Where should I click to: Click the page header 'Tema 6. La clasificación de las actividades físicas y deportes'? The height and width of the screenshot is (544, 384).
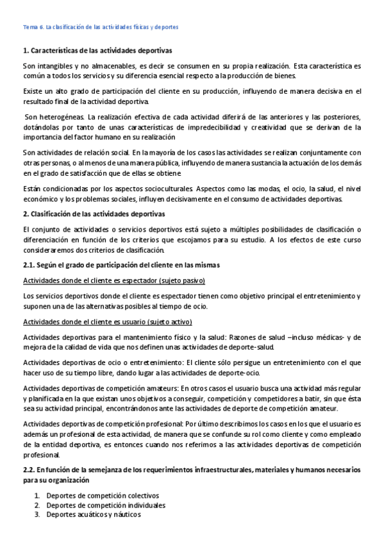pos(101,28)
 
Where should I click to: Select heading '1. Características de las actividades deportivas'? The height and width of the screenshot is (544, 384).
pos(97,50)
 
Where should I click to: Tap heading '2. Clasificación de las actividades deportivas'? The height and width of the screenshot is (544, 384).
pos(94,213)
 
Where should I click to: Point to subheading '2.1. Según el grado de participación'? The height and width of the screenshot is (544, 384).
pos(121,265)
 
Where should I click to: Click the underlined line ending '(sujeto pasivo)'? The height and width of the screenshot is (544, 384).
pos(114,281)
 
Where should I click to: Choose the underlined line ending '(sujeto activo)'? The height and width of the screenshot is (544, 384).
pos(107,321)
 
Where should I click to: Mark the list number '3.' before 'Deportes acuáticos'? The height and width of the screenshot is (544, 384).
pos(38,514)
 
